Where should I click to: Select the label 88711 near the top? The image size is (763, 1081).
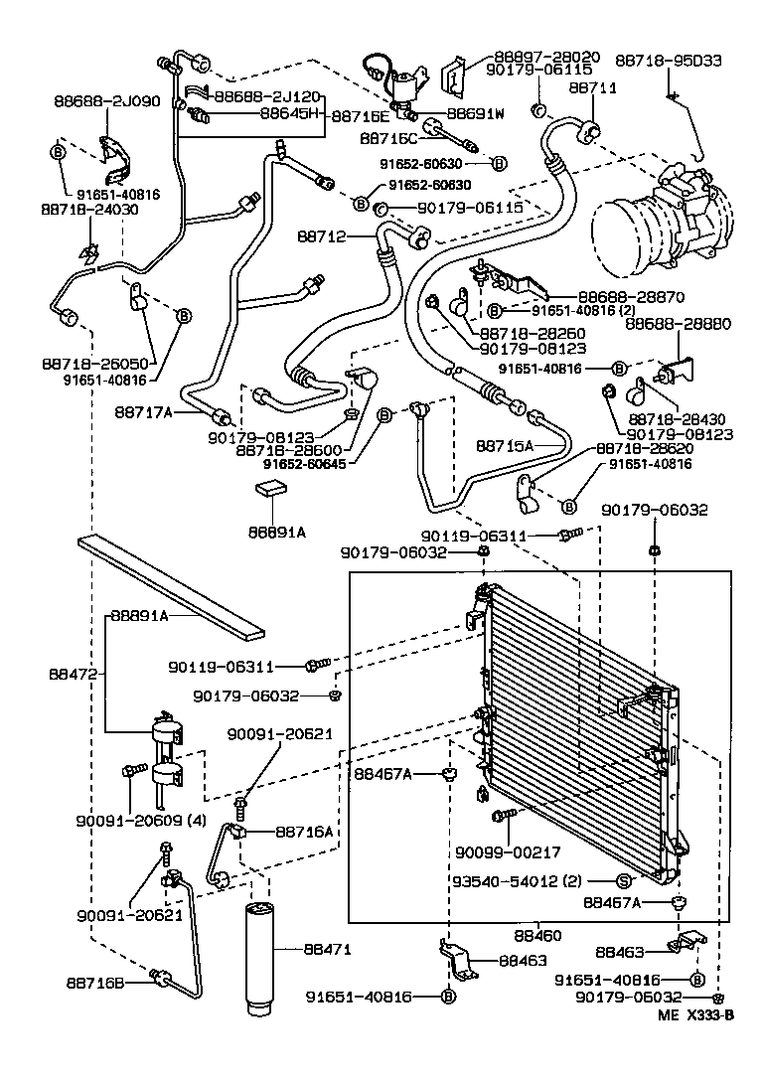(593, 88)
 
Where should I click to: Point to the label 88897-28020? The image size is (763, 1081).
(544, 57)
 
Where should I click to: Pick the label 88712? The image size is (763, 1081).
(321, 236)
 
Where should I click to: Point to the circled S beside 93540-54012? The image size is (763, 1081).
(624, 880)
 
